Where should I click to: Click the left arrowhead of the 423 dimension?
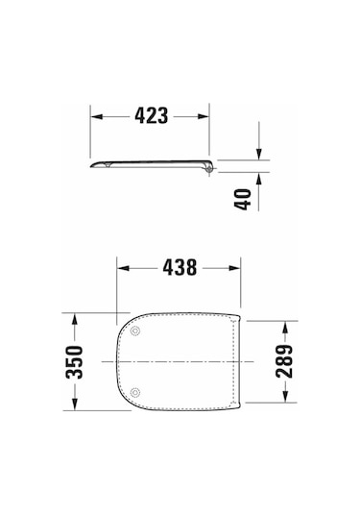coord(96,115)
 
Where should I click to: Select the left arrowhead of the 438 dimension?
coord(120,268)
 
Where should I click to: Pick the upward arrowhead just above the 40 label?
coord(258,178)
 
